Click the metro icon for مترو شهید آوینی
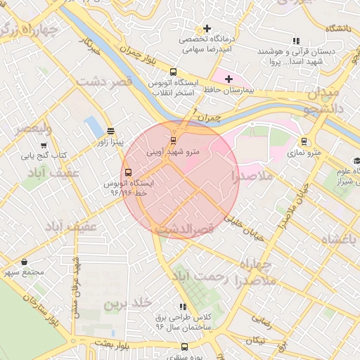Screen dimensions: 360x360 tap(174, 140)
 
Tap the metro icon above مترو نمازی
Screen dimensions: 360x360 tap(304, 141)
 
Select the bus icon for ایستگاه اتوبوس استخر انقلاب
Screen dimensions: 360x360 tap(174, 72)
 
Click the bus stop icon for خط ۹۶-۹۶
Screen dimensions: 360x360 tap(128, 172)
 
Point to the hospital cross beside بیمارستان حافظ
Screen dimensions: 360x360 tap(229, 79)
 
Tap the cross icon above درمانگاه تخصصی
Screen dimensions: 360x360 tap(206, 29)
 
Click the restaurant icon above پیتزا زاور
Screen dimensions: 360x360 tap(110, 131)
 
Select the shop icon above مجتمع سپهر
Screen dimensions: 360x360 tap(24, 262)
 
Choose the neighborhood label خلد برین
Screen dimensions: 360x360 tap(128, 303)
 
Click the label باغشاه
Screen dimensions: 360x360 tap(339, 240)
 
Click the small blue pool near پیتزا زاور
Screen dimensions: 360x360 tap(92, 127)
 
